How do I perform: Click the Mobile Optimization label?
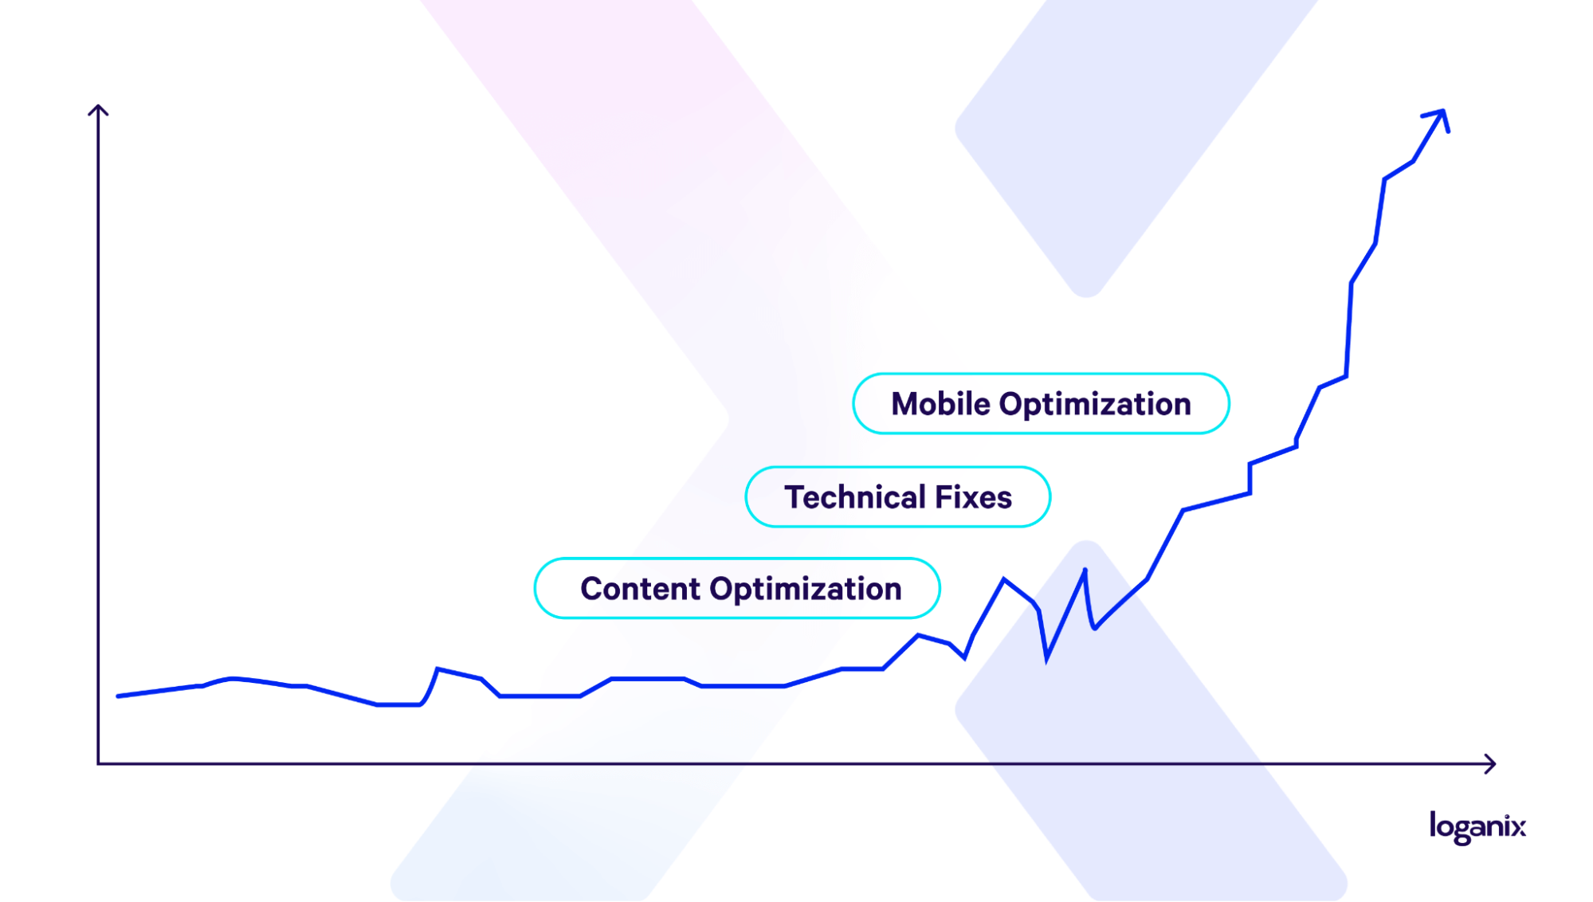pos(1041,404)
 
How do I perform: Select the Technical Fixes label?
pos(898,497)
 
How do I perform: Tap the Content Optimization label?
pos(737,589)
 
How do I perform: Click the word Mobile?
pos(940,404)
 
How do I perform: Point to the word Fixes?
pos(973,497)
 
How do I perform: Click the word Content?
pos(640,589)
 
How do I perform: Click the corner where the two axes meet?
pos(98,763)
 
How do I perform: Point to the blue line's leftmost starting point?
pos(118,696)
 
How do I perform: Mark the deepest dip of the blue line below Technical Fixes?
pos(1046,660)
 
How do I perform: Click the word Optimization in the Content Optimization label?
pos(806,590)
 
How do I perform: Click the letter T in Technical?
pos(795,497)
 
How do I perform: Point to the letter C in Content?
pos(592,589)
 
